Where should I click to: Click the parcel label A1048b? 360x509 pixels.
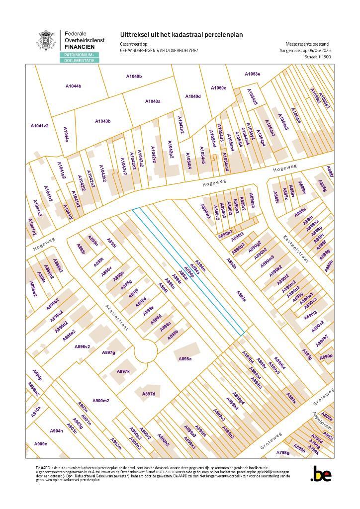click(x=134, y=76)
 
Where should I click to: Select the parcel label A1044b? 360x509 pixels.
click(x=73, y=86)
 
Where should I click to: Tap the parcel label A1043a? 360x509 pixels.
click(x=153, y=101)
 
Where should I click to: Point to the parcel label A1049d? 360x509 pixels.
click(x=193, y=96)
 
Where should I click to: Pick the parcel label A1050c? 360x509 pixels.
click(x=218, y=87)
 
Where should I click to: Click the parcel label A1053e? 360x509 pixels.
click(x=252, y=74)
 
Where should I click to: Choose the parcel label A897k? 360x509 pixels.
click(x=123, y=371)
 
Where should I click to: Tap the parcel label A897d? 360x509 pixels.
click(x=149, y=394)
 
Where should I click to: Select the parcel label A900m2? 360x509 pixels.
click(x=100, y=401)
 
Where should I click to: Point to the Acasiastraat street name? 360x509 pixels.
click(x=117, y=318)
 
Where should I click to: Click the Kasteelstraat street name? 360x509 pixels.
click(x=296, y=248)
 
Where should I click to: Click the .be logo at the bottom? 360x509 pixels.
click(x=320, y=475)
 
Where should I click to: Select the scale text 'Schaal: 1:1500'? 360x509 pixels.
click(x=317, y=57)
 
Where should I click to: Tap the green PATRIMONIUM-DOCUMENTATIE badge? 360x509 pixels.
click(x=80, y=57)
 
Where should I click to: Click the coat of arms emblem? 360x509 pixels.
click(x=48, y=40)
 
